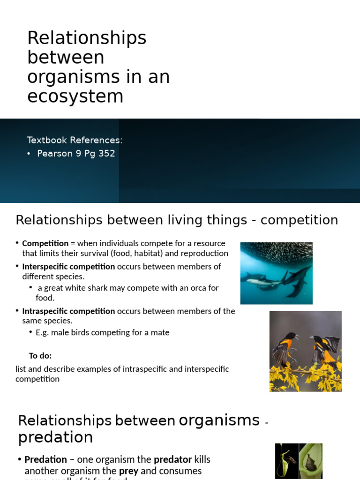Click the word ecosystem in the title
(75, 96)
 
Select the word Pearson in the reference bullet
(55, 154)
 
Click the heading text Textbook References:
(75, 140)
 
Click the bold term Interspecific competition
(68, 266)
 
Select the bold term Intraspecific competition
(68, 311)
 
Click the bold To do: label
(40, 355)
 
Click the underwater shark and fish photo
(276, 273)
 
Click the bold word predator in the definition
(173, 459)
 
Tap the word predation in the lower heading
(55, 437)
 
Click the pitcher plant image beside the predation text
(298, 461)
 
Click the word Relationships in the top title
(87, 38)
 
